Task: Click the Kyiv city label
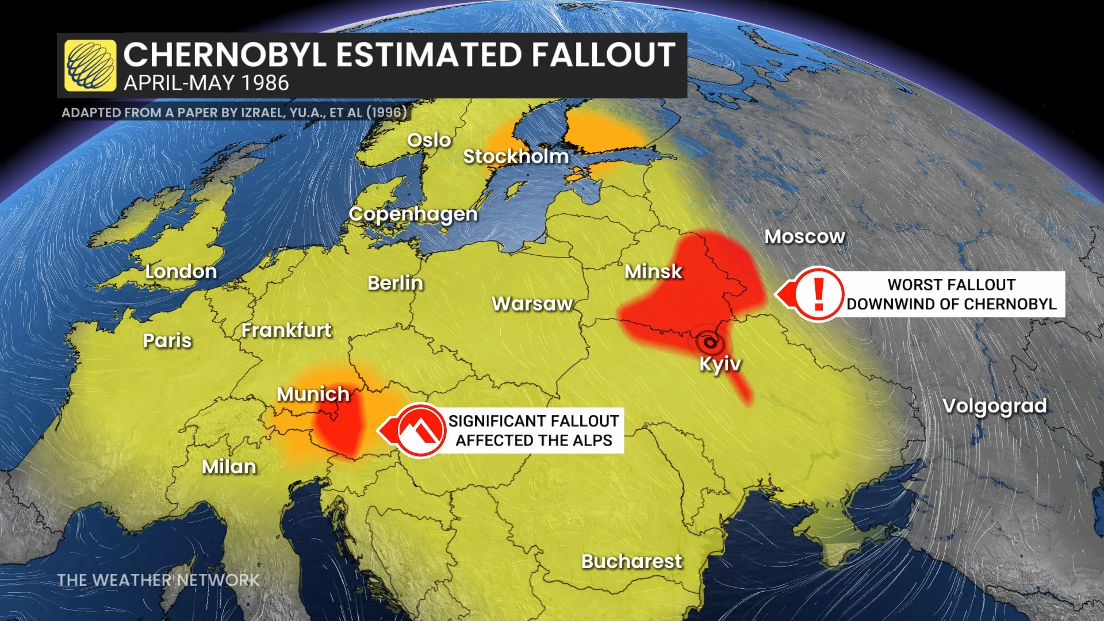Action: [x=720, y=364]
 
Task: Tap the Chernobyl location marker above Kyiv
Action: [x=710, y=343]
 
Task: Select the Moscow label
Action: [x=804, y=236]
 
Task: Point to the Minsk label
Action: [x=653, y=271]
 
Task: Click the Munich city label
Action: [x=313, y=394]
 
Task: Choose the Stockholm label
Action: [x=516, y=156]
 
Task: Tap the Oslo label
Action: [x=429, y=140]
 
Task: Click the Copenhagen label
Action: [x=413, y=214]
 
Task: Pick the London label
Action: [x=181, y=271]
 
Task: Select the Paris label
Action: [x=167, y=340]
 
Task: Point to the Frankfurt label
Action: [x=286, y=330]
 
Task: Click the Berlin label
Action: [x=395, y=283]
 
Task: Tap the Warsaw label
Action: [x=532, y=304]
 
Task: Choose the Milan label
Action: [x=229, y=466]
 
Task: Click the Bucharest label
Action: [x=631, y=561]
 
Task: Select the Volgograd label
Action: [x=995, y=406]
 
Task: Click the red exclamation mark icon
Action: [x=819, y=293]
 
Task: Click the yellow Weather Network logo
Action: [x=90, y=66]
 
